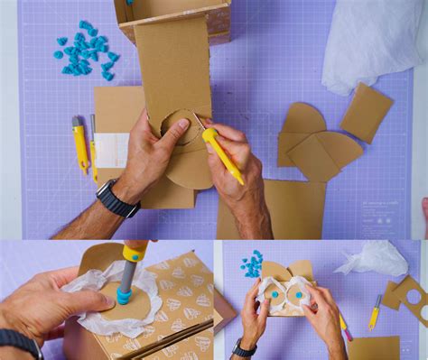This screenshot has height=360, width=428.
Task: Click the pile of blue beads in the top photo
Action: pyautogui.click(x=86, y=50)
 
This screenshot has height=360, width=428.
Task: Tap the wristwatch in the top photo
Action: pyautogui.click(x=116, y=198)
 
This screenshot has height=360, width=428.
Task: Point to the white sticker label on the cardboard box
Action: pyautogui.click(x=111, y=150)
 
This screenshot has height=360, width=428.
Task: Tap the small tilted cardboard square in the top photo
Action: pyautogui.click(x=366, y=112)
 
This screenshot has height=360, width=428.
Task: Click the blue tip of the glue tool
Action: pyautogui.click(x=124, y=295)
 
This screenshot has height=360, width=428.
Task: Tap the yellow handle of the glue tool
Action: pyautogui.click(x=135, y=250)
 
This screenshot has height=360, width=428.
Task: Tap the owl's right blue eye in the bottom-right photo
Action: pyautogui.click(x=299, y=294)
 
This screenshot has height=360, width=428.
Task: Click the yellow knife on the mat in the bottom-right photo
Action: pyautogui.click(x=375, y=313)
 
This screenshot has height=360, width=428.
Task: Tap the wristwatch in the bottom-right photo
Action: pyautogui.click(x=243, y=347)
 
